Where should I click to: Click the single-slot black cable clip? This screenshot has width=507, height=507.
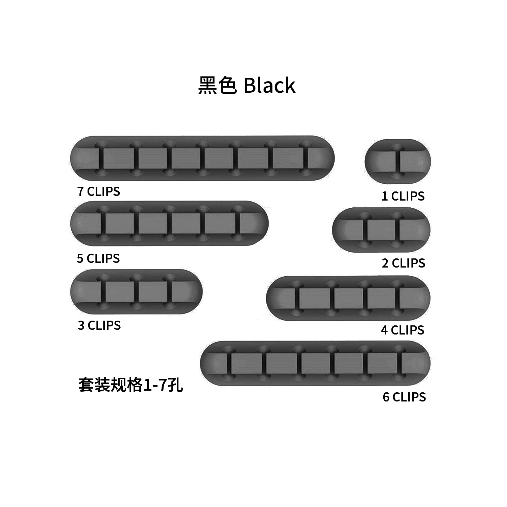tap(397, 161)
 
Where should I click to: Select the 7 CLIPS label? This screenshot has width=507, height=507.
tap(98, 191)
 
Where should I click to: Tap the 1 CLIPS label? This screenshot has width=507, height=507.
tap(403, 196)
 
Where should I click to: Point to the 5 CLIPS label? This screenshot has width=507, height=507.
tap(98, 258)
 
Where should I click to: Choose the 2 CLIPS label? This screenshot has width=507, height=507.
tap(403, 263)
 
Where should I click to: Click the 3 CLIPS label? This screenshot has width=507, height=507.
tap(99, 325)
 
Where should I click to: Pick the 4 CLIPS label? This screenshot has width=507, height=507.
tap(402, 330)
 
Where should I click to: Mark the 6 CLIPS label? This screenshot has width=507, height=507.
tap(404, 397)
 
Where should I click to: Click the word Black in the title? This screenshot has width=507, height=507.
tap(269, 86)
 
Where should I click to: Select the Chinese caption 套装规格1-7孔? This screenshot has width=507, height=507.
tap(130, 385)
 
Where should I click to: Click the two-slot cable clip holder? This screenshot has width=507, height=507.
tap(381, 230)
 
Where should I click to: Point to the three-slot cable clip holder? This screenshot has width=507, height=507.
tap(136, 292)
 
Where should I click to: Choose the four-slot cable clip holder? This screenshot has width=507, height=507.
tap(348, 298)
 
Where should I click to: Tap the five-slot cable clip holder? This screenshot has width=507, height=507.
tap(169, 224)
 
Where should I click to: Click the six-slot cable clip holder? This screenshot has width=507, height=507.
tap(315, 363)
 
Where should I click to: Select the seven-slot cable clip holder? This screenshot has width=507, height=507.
tap(202, 158)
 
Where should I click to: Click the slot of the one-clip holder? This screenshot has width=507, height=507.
tap(397, 161)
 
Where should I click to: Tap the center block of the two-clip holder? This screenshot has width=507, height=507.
tap(381, 230)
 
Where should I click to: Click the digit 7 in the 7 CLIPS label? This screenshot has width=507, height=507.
tap(80, 191)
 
